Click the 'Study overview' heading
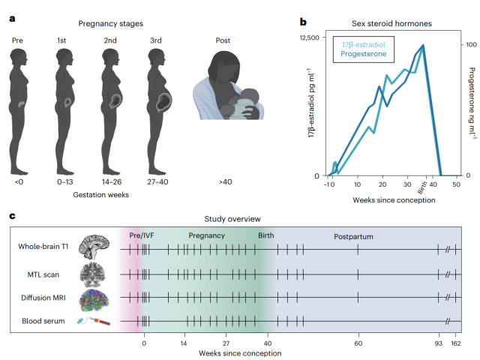click(x=232, y=219)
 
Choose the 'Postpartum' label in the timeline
click(x=353, y=236)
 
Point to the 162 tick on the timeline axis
click(x=457, y=343)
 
